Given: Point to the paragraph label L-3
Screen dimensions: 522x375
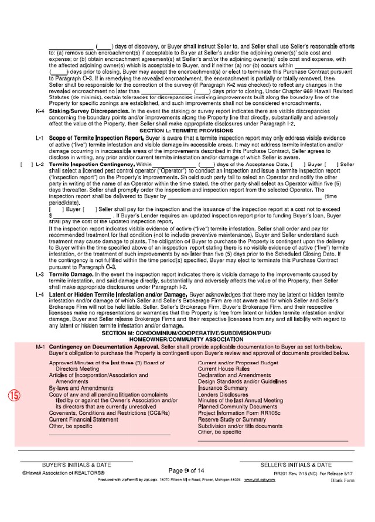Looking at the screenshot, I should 40,274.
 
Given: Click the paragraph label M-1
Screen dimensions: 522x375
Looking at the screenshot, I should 40,347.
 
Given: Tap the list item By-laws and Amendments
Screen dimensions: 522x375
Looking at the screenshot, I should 81,388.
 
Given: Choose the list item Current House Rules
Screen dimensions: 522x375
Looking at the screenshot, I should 224,370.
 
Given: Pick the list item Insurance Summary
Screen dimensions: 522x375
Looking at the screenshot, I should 223,388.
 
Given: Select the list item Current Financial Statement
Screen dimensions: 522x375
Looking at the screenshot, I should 83,419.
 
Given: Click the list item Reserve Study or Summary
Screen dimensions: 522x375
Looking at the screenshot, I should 231,419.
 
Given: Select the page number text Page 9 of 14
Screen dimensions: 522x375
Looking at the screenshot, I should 186,470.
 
